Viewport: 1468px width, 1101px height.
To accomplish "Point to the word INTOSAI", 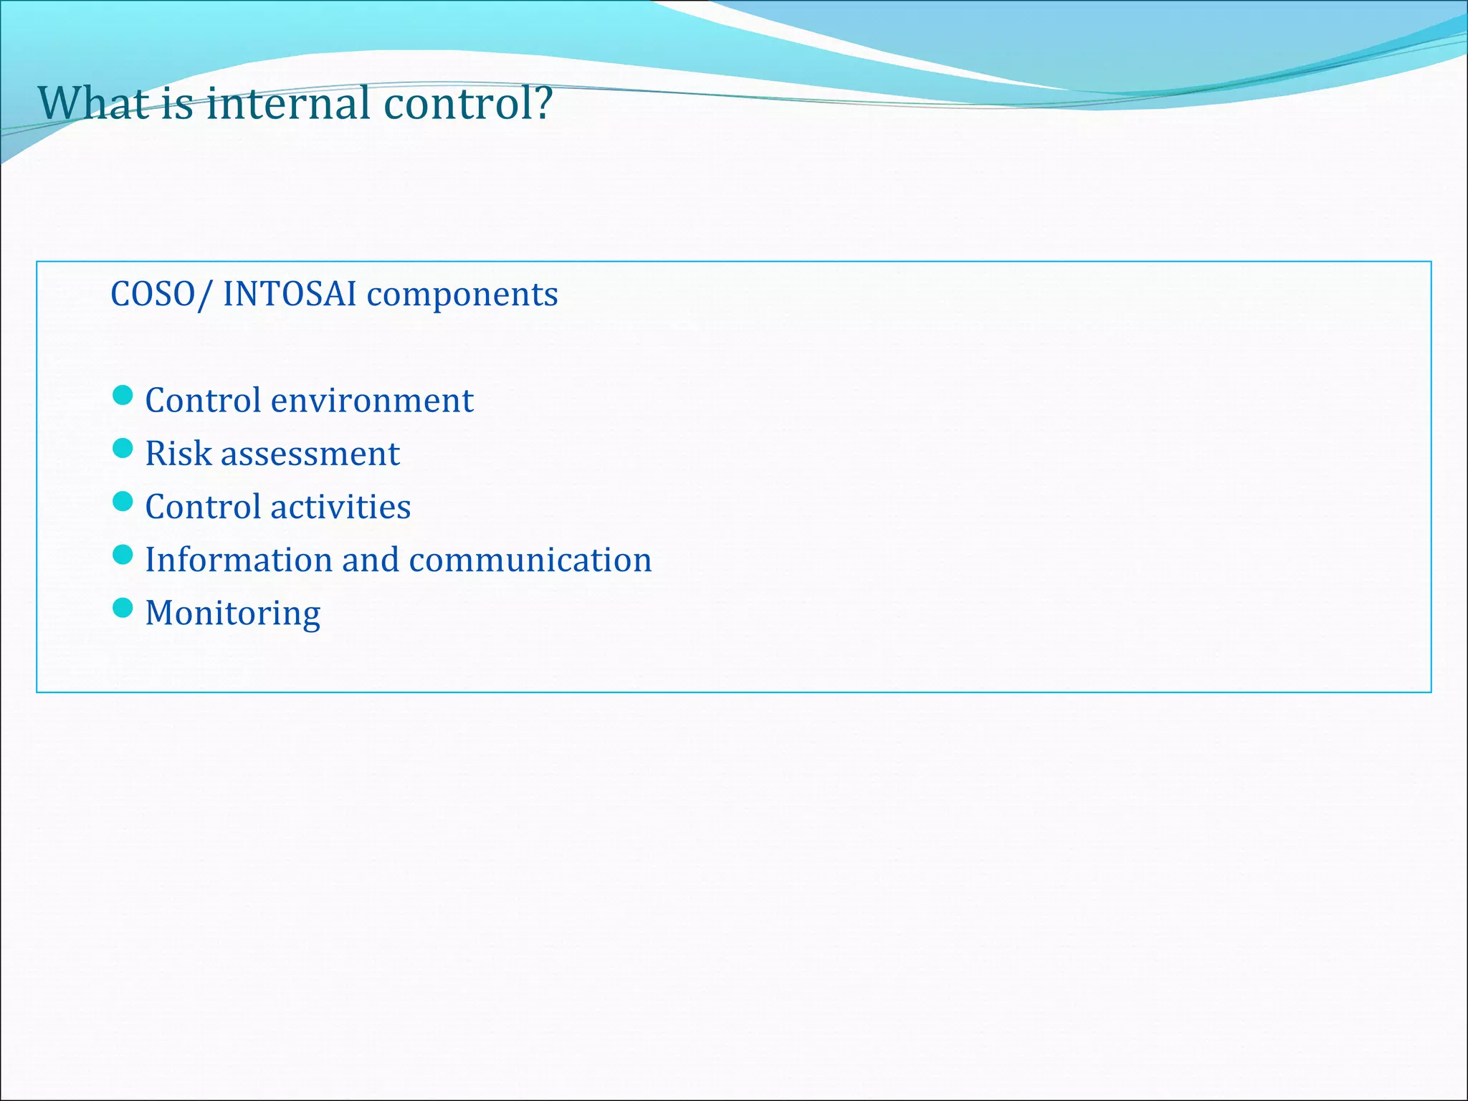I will (x=289, y=294).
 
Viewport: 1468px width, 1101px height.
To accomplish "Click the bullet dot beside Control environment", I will (x=123, y=395).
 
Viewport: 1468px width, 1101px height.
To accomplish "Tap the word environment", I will (x=372, y=400).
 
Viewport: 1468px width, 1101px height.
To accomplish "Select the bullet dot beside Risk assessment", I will (x=123, y=448).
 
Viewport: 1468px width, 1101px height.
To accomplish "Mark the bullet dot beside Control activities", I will (x=123, y=501).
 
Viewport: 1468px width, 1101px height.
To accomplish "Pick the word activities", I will (x=340, y=507).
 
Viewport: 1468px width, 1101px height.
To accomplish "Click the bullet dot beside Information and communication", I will (x=123, y=554).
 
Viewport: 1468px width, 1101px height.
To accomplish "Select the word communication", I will (x=530, y=560).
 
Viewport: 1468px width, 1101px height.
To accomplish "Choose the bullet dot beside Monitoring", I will (x=123, y=608).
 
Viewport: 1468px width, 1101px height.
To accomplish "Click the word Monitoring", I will (x=232, y=614).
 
